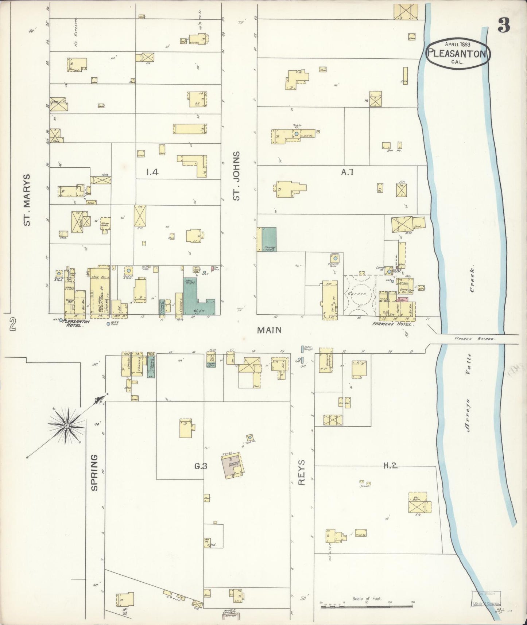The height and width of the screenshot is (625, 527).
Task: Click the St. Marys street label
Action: (x=27, y=199)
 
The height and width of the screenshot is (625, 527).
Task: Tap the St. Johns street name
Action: (x=237, y=176)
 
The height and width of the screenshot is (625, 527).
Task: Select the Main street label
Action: (x=269, y=330)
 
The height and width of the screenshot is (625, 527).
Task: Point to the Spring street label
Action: (x=94, y=472)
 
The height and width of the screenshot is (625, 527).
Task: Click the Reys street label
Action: (x=302, y=472)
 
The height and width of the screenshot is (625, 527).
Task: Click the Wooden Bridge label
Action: (x=474, y=339)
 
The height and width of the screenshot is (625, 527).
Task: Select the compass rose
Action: (x=67, y=426)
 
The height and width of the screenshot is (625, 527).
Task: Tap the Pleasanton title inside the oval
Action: (x=457, y=54)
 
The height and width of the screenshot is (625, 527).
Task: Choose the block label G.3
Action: (x=201, y=466)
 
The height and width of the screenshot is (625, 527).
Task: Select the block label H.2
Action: (x=390, y=465)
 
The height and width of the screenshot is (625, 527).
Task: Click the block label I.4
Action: (x=152, y=172)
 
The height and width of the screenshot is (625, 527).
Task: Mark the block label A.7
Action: (x=347, y=172)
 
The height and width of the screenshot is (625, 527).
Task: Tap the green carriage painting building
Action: (x=269, y=239)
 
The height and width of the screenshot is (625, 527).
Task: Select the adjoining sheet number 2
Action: (x=13, y=324)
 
